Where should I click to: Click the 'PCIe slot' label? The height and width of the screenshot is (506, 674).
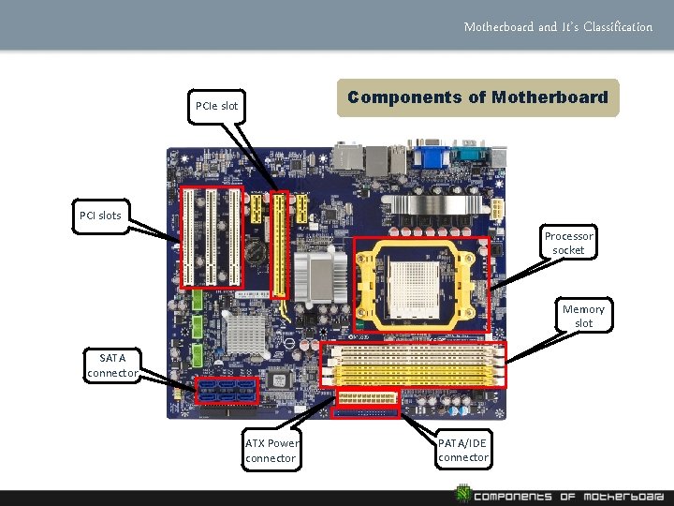tap(215, 106)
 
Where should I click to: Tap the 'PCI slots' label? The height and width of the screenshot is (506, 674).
tap(100, 216)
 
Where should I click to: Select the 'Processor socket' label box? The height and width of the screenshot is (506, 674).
tap(568, 244)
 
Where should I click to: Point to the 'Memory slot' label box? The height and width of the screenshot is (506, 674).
tap(583, 316)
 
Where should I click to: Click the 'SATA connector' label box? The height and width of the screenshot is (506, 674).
tap(112, 365)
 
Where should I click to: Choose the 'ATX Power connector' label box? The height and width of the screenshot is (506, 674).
tap(271, 451)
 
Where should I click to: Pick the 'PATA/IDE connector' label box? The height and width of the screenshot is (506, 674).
tap(462, 450)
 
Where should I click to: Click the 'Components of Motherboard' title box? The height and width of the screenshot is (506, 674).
tap(477, 97)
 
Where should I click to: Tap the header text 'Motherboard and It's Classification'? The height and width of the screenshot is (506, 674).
tap(558, 26)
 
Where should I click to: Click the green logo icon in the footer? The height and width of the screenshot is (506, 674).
tap(462, 493)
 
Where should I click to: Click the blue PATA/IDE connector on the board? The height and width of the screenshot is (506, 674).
tap(365, 410)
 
